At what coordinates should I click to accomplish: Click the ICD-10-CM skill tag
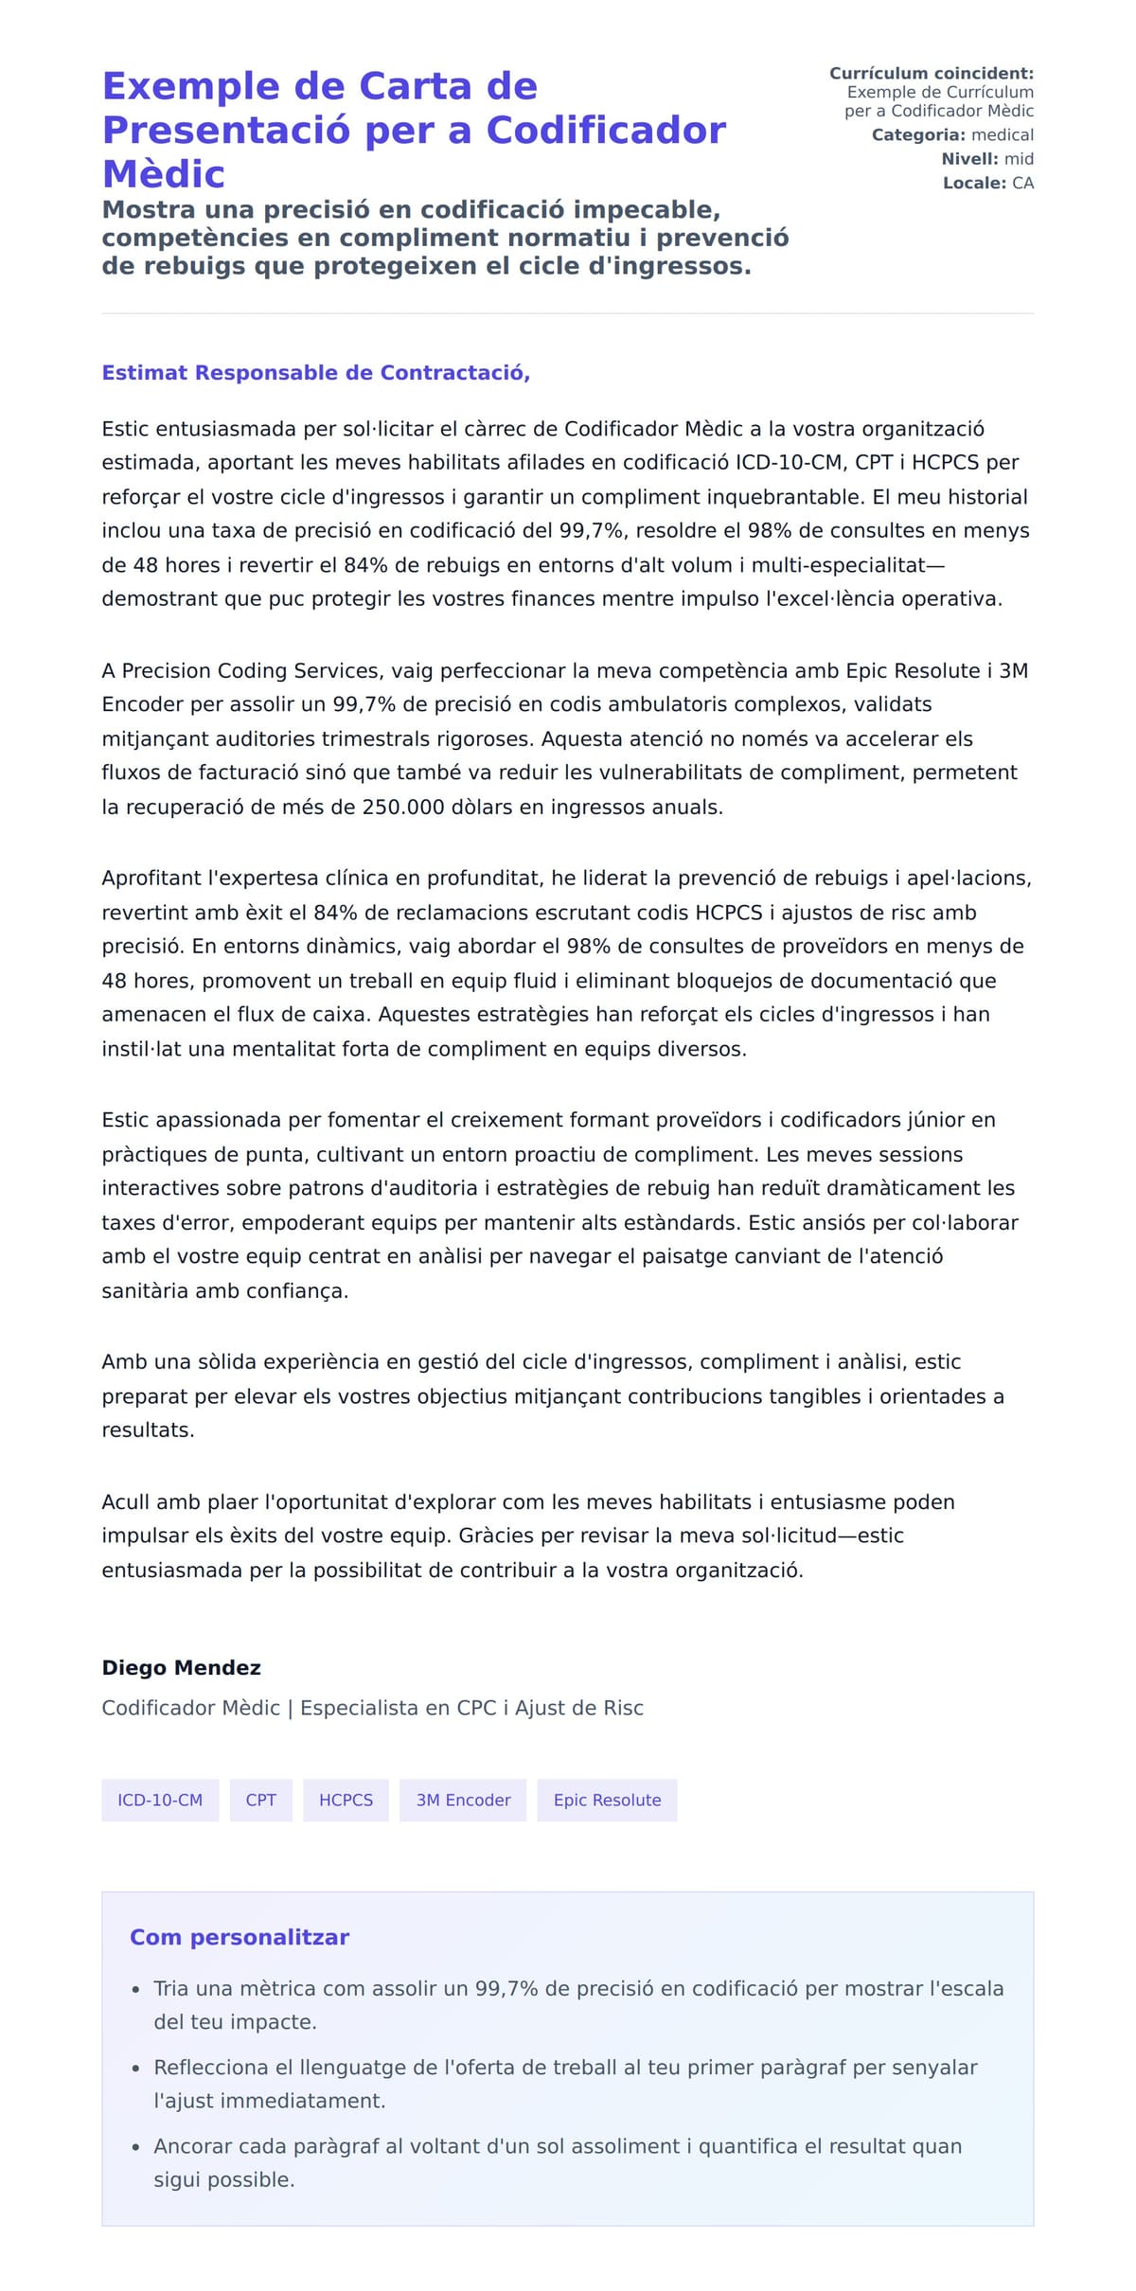pyautogui.click(x=160, y=1800)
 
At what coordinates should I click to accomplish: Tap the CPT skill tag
pyautogui.click(x=260, y=1800)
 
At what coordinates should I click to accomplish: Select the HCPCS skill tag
pyautogui.click(x=346, y=1800)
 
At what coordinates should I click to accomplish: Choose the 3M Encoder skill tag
pyautogui.click(x=463, y=1800)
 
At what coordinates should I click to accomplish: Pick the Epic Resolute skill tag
pyautogui.click(x=607, y=1800)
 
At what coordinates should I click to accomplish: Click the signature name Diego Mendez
pyautogui.click(x=181, y=1667)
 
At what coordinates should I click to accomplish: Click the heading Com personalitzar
pyautogui.click(x=240, y=1937)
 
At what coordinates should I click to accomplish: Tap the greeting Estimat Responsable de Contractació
pyautogui.click(x=315, y=372)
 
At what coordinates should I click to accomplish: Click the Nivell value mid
pyautogui.click(x=1019, y=159)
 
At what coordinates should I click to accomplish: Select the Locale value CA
pyautogui.click(x=1022, y=183)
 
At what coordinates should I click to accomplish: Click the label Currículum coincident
pyautogui.click(x=931, y=73)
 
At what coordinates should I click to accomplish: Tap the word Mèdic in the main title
pyautogui.click(x=163, y=174)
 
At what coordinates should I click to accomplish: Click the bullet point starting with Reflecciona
pyautogui.click(x=565, y=2084)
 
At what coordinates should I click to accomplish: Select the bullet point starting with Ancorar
pyautogui.click(x=558, y=2162)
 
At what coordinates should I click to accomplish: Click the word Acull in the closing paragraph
pyautogui.click(x=126, y=1501)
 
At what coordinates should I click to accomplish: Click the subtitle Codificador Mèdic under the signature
pyautogui.click(x=191, y=1708)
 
